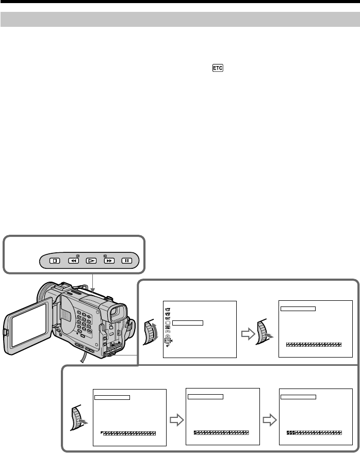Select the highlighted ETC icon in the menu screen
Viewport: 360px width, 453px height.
pyautogui.click(x=167, y=341)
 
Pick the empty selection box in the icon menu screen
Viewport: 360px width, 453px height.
pyautogui.click(x=188, y=323)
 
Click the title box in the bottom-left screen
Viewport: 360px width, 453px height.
pyautogui.click(x=113, y=397)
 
